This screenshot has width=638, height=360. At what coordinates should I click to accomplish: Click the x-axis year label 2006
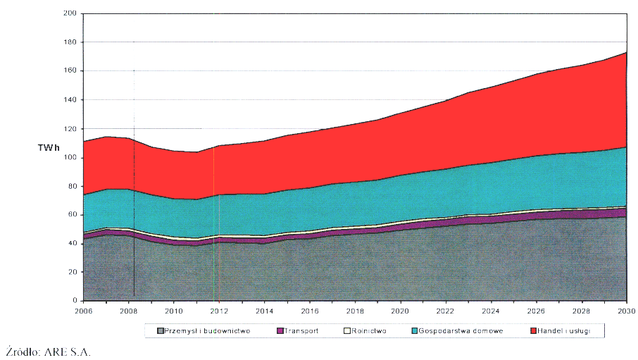tap(83, 310)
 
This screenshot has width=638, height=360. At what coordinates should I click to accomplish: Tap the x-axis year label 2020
tap(401, 310)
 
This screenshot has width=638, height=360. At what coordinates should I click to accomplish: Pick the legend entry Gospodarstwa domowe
tap(461, 330)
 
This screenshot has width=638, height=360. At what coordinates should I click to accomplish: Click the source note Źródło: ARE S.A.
tap(48, 350)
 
